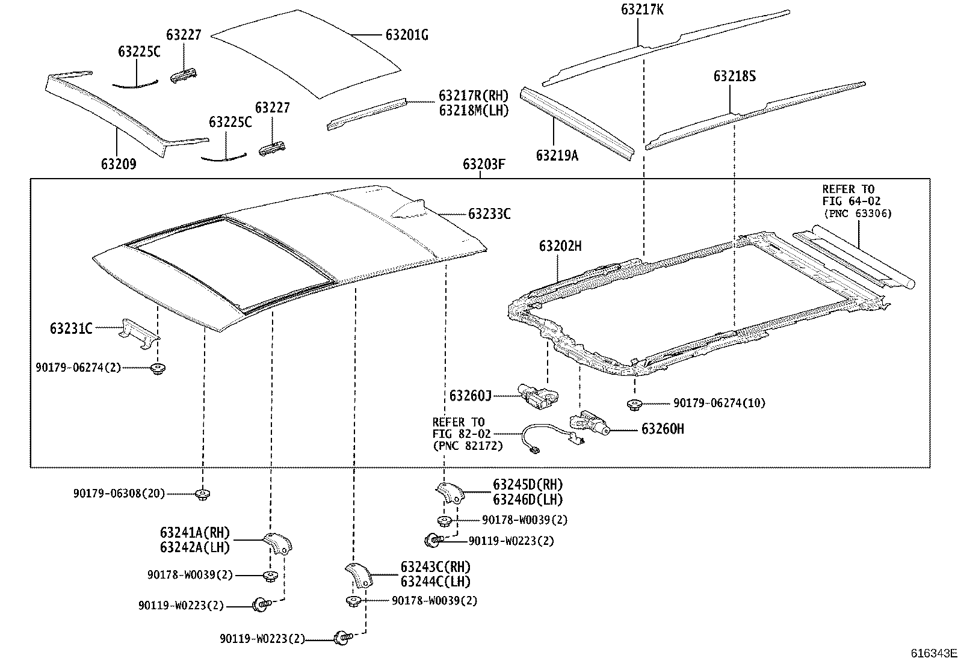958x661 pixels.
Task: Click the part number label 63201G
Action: coord(407,35)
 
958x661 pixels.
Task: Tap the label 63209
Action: coord(118,164)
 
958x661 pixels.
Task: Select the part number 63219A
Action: coord(557,156)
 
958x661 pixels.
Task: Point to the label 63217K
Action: coord(643,10)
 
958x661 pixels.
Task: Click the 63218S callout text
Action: coord(735,76)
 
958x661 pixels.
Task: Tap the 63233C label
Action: coord(489,214)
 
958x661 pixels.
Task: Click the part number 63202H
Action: coord(560,246)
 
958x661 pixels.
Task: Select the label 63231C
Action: coord(71,328)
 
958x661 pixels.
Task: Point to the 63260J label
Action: coord(471,395)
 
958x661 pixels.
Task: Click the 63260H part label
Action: coord(663,429)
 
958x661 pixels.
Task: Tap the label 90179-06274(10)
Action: coord(719,403)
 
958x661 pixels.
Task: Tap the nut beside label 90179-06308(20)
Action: coord(203,494)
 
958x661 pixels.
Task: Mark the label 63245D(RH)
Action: coord(528,485)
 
